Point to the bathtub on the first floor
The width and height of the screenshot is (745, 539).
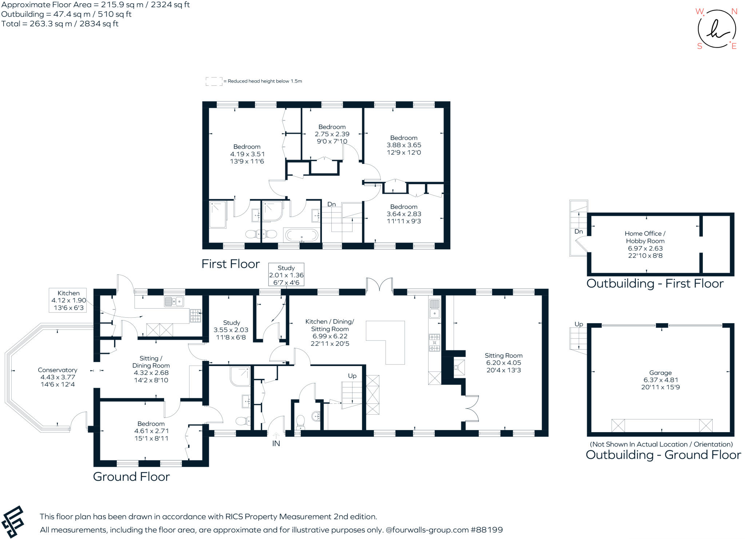point(302,235)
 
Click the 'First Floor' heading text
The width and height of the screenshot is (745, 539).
point(231,264)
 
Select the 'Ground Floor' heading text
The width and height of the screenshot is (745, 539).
point(131,476)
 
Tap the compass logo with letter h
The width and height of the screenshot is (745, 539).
point(717,29)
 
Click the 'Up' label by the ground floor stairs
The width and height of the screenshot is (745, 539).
point(352,376)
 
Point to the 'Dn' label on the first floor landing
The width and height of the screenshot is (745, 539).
point(331,204)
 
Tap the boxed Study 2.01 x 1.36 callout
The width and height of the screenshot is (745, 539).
point(286,275)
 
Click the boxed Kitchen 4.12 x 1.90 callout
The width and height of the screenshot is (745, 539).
point(68,300)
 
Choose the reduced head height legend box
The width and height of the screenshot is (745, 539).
point(214,81)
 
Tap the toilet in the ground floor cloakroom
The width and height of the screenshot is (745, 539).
point(300,421)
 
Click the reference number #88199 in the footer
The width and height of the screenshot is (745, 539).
point(486,530)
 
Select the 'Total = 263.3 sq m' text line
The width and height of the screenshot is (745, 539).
point(60,24)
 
